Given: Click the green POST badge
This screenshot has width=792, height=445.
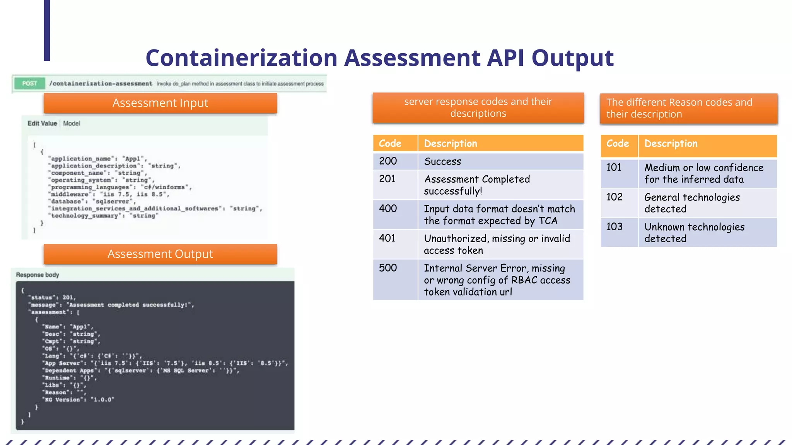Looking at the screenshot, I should tap(29, 83).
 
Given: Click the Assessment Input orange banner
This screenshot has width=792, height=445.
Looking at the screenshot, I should tap(160, 103).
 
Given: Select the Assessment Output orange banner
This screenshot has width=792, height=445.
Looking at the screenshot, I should tap(160, 254).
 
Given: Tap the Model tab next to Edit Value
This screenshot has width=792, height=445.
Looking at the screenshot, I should tap(72, 124).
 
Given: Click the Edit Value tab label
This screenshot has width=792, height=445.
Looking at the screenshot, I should tap(42, 124).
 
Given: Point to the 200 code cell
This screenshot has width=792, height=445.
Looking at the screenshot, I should tap(395, 161).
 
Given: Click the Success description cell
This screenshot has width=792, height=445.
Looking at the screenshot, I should tap(500, 161).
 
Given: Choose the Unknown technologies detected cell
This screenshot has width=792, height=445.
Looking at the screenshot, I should tap(707, 233).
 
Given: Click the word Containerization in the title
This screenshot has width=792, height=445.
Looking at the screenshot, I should tap(241, 58).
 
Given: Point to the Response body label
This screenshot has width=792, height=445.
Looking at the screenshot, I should tap(38, 275).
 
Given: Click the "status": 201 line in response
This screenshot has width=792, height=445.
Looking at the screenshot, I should tap(52, 297).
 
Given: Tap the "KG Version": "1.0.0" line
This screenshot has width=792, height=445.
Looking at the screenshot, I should tap(79, 400).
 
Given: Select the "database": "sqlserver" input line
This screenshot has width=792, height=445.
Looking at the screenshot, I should tap(92, 202).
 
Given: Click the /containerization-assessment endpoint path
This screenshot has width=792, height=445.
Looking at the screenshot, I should tap(101, 84).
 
